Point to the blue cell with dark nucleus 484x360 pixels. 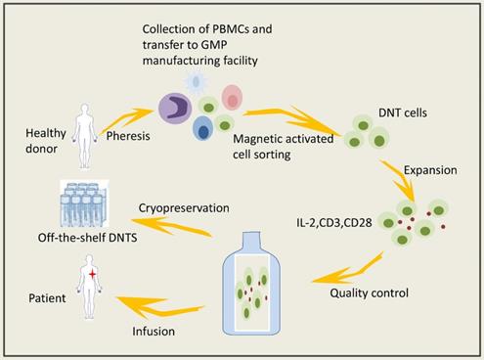tap(203, 128)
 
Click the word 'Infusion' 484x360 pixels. tap(153, 331)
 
